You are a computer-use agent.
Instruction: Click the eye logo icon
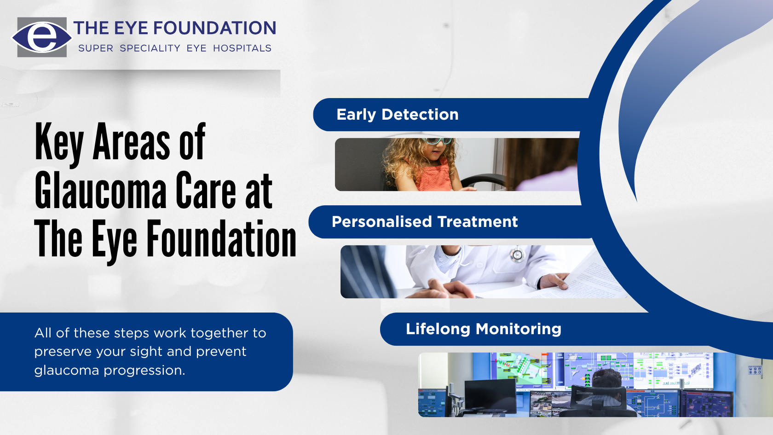[42, 37]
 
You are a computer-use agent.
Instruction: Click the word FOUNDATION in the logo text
[214, 28]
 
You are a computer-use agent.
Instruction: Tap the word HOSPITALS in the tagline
[242, 48]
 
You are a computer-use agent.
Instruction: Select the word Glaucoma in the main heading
[101, 191]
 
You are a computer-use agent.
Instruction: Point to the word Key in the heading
[59, 143]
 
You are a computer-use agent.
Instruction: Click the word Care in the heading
[203, 191]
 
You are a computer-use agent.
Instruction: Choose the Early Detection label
[398, 115]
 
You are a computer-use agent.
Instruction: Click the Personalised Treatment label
[425, 222]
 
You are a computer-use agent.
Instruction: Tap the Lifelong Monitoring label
[483, 329]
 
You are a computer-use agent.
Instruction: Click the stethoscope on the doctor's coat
[517, 255]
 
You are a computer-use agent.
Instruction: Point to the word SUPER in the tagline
[96, 48]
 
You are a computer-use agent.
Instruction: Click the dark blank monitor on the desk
[490, 395]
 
